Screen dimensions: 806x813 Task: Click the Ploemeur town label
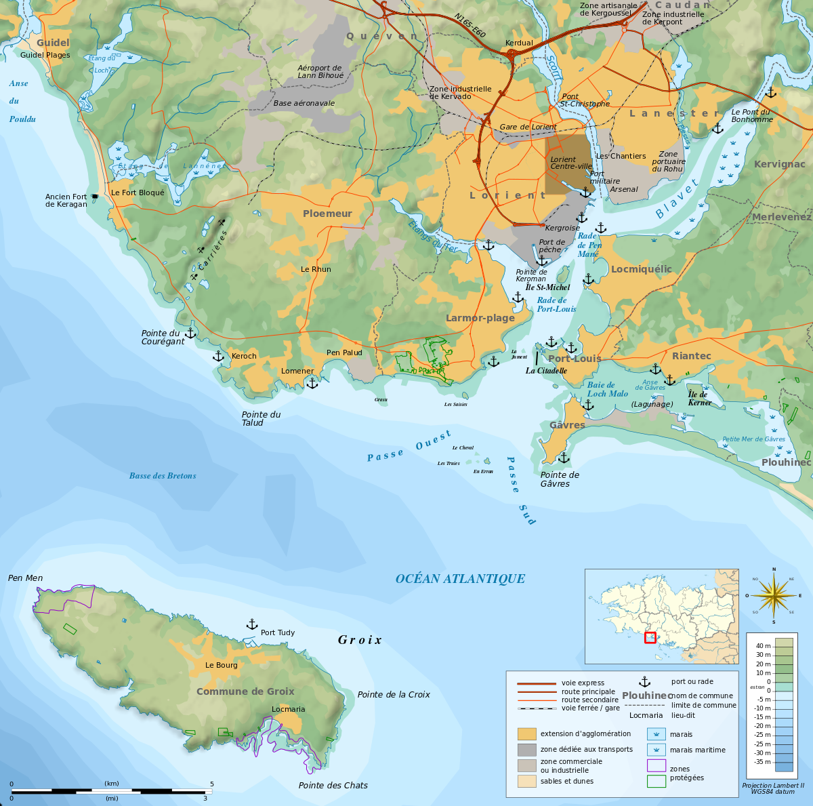(x=327, y=214)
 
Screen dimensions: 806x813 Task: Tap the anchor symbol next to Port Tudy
(x=251, y=624)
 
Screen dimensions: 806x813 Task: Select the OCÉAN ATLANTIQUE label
(x=460, y=578)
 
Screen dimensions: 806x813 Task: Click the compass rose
(x=774, y=595)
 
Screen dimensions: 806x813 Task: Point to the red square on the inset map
(x=650, y=637)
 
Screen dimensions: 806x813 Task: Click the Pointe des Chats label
(x=333, y=785)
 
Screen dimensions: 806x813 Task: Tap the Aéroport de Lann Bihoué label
(x=320, y=72)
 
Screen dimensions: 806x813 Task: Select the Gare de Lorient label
(x=528, y=127)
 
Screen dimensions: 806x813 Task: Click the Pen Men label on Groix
(x=25, y=578)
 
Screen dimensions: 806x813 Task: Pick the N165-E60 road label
(x=470, y=26)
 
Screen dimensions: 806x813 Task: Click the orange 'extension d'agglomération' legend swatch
(x=526, y=733)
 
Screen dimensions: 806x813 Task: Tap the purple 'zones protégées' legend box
(x=656, y=765)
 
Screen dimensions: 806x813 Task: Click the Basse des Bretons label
(x=163, y=476)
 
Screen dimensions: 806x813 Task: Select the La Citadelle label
(x=546, y=371)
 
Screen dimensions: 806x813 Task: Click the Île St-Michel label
(x=547, y=287)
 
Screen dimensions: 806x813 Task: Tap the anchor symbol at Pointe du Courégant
(x=190, y=333)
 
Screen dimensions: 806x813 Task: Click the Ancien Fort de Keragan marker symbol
(x=95, y=197)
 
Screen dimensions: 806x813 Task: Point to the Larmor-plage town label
(x=480, y=318)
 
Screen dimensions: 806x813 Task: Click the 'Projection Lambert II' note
(x=772, y=785)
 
